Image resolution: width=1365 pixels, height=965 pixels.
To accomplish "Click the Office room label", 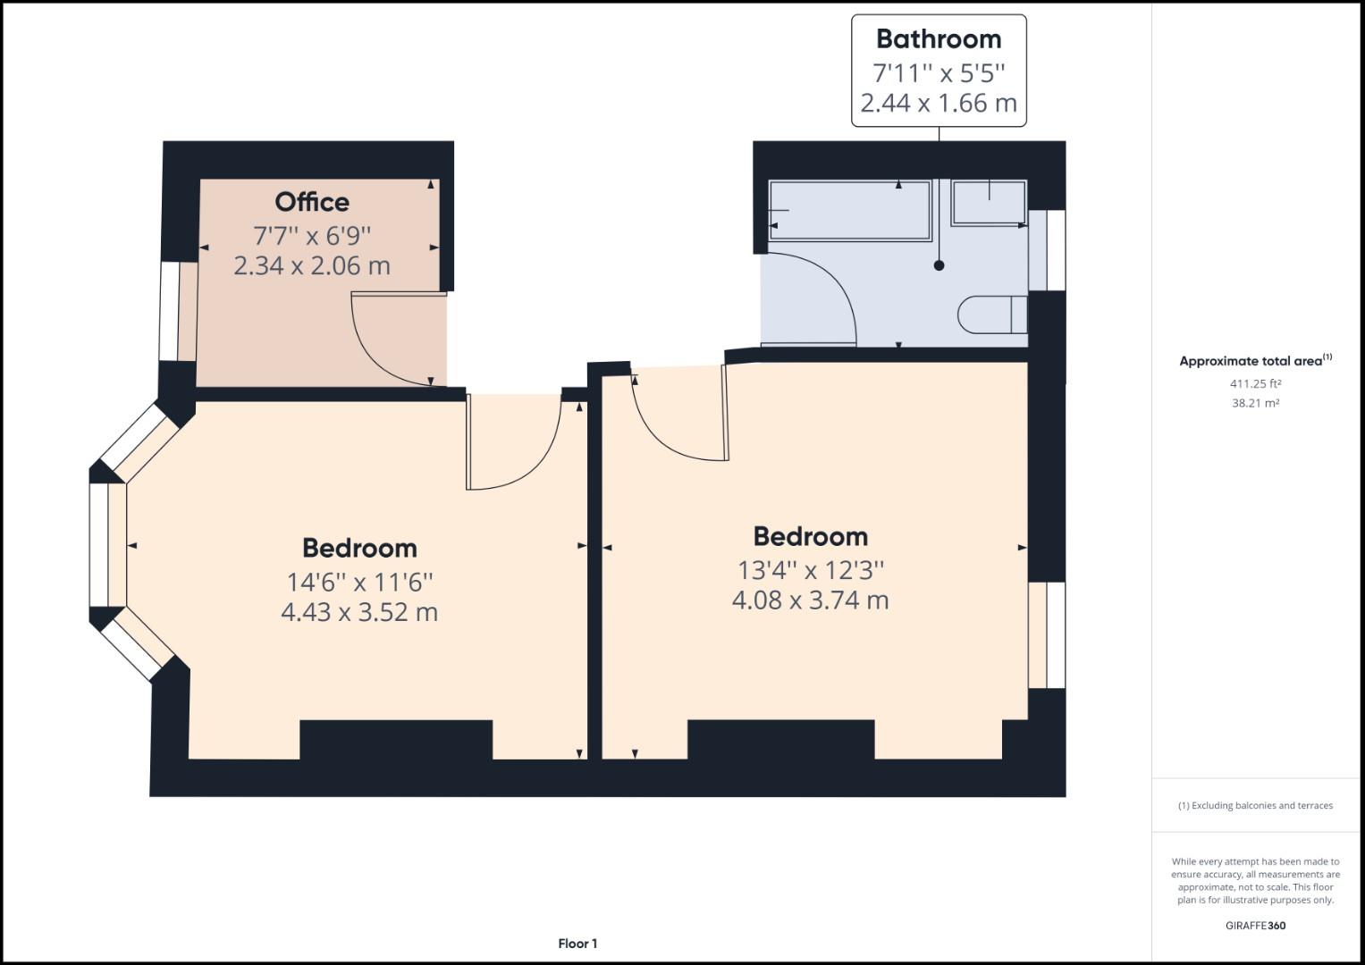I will [311, 202].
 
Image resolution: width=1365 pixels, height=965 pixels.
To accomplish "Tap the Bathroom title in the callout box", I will [938, 39].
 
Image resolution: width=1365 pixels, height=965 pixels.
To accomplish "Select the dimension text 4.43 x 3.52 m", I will [359, 612].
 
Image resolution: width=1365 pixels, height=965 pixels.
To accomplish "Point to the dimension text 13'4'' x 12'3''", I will [810, 569].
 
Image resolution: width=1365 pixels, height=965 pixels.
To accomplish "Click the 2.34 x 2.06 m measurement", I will [311, 265].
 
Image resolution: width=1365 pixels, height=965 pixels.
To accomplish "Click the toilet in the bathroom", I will [991, 314].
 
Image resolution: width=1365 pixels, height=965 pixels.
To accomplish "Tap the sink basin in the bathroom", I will [989, 202].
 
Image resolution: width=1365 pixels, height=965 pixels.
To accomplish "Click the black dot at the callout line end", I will [939, 265].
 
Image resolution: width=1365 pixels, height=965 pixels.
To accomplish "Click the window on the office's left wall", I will [170, 311].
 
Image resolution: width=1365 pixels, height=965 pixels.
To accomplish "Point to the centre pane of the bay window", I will [99, 545].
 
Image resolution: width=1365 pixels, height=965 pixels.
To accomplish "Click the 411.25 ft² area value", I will [1255, 383].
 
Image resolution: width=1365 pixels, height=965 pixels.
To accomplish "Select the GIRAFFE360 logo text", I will [1255, 926].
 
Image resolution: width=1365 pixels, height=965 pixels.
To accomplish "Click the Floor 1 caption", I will [577, 944].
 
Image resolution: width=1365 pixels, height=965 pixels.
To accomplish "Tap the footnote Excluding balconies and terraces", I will [1255, 805].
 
